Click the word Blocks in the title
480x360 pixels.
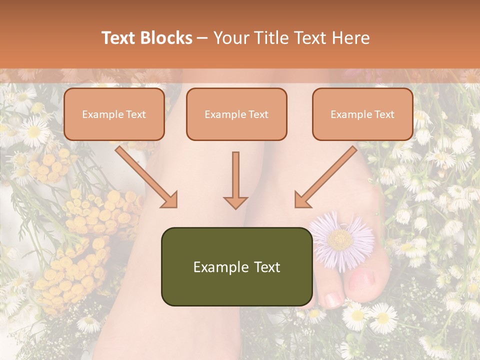pos(166,38)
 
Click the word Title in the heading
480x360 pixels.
pos(269,38)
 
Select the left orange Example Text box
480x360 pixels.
pos(114,114)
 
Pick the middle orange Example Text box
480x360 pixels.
pos(236,114)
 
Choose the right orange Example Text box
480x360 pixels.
pos(362,114)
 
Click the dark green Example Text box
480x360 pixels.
pos(236,267)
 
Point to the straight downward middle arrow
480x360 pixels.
pos(235,180)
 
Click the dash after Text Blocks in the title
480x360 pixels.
pos(202,38)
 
